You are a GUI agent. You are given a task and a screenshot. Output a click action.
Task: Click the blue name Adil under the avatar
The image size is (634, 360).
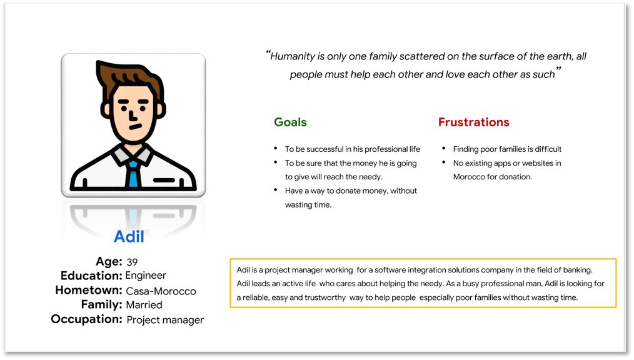point(129,236)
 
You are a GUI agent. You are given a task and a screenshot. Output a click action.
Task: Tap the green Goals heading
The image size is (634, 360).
point(290,122)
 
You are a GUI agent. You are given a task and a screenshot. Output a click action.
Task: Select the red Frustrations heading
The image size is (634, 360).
point(473,122)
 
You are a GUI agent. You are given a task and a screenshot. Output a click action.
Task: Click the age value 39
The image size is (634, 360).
point(132,262)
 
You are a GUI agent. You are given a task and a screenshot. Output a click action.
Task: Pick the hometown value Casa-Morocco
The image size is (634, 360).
point(161,291)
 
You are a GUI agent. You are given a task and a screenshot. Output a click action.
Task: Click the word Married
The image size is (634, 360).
point(144,304)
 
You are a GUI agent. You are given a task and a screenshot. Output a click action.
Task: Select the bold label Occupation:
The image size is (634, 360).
point(86,319)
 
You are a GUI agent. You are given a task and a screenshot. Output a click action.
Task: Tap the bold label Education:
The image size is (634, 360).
point(91,276)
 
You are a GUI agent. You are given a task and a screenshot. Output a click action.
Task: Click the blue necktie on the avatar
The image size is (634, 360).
point(133,174)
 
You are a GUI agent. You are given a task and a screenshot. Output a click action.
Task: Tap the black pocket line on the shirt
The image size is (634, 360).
point(164,180)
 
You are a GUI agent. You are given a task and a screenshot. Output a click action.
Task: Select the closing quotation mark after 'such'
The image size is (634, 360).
point(558,69)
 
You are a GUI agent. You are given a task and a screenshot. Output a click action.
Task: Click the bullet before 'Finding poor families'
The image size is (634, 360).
point(443,149)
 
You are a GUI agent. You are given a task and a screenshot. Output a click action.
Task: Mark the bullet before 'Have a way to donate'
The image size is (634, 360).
point(275,190)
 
